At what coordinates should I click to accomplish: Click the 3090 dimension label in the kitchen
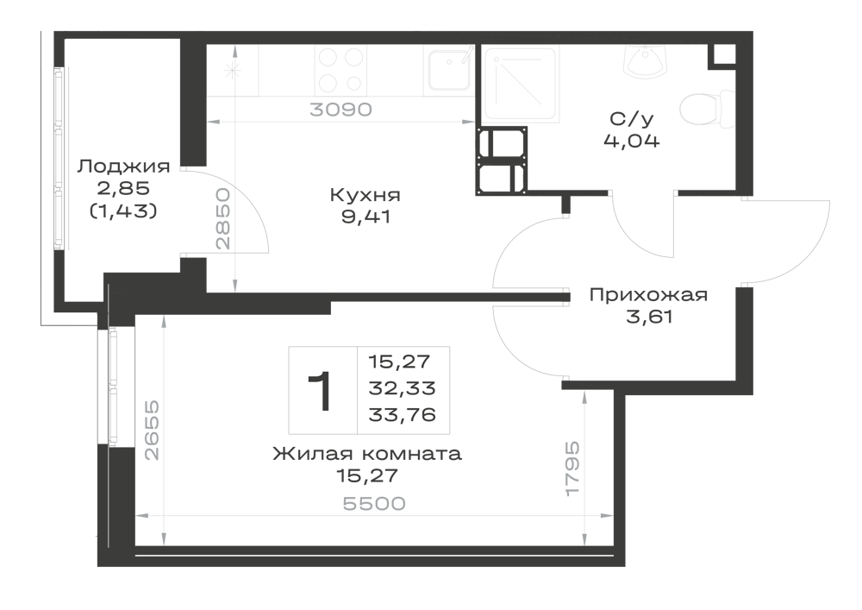point(340,110)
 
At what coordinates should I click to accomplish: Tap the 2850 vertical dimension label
point(222,219)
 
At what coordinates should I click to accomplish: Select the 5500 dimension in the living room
point(374,503)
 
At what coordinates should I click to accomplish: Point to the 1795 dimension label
point(573,469)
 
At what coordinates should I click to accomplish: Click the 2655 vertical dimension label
point(152,431)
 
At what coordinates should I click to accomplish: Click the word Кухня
point(365,195)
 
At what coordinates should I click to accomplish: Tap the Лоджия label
point(123,167)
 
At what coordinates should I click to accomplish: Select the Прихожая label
point(649,295)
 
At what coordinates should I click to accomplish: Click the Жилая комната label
point(367,454)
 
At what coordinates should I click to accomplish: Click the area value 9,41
point(366,217)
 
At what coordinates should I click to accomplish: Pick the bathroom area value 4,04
point(632,141)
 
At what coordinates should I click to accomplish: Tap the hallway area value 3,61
point(649,318)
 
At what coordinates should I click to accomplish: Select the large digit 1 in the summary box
point(320,391)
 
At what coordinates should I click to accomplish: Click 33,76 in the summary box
point(402,414)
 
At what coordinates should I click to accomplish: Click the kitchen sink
point(449,71)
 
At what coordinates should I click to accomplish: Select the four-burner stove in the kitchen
point(340,70)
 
